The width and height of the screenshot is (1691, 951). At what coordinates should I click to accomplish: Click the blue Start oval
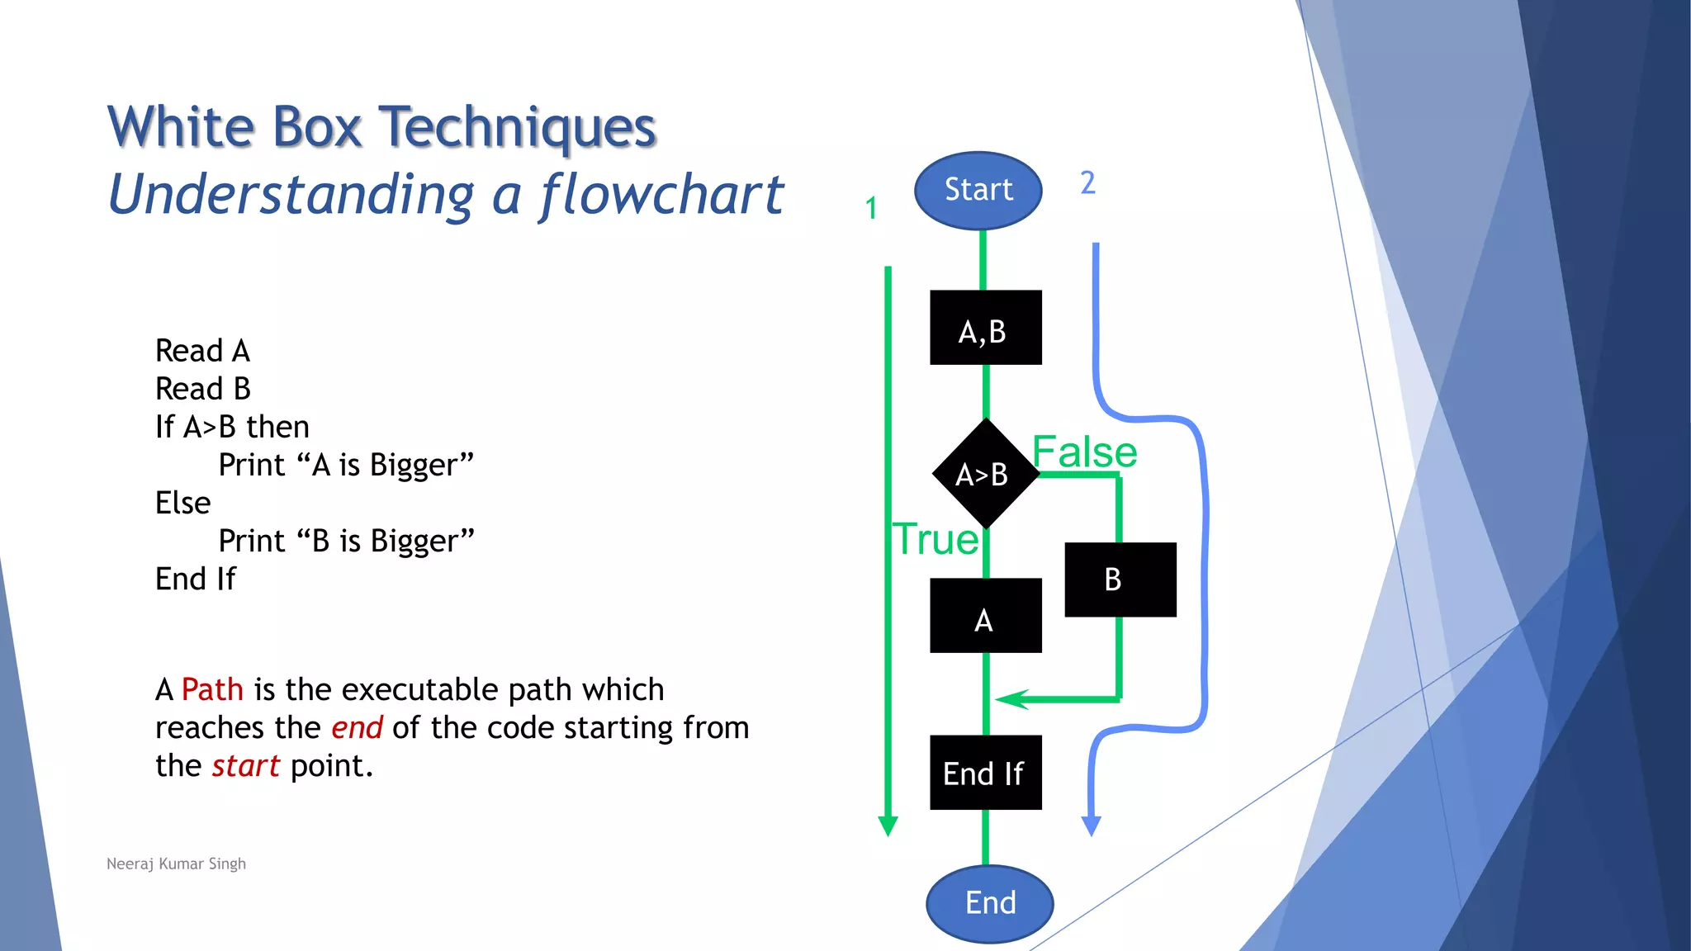tap(978, 191)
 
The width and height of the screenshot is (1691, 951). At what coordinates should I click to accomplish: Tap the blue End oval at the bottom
tap(989, 903)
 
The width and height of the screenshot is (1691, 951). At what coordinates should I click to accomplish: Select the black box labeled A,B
tap(985, 328)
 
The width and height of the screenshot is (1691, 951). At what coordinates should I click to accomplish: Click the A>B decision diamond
tap(984, 474)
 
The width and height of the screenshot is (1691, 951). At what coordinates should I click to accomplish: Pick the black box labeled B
tap(1120, 580)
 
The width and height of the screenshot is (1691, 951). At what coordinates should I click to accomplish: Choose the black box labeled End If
tap(985, 773)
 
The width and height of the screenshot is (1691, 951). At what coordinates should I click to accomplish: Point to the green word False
tap(1084, 452)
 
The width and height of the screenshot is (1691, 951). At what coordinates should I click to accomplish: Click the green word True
tap(935, 540)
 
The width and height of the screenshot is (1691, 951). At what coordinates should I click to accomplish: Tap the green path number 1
tap(871, 208)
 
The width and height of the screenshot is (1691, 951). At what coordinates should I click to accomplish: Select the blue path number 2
tap(1087, 182)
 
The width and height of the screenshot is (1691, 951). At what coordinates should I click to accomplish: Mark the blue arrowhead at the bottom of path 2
tap(1091, 826)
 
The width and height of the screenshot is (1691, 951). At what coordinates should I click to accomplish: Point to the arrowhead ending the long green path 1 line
tap(888, 826)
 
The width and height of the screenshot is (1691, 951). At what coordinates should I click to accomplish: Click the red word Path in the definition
tap(212, 689)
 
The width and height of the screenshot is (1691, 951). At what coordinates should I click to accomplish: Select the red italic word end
tap(357, 728)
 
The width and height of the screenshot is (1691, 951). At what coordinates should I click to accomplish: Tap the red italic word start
tap(246, 766)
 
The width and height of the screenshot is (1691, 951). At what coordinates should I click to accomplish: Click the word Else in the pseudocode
tap(183, 503)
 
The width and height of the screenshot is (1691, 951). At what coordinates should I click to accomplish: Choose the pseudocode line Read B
tap(203, 389)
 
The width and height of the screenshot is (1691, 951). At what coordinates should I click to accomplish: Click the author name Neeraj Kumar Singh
tap(176, 863)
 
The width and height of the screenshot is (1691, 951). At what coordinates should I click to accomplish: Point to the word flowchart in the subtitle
tap(661, 195)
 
